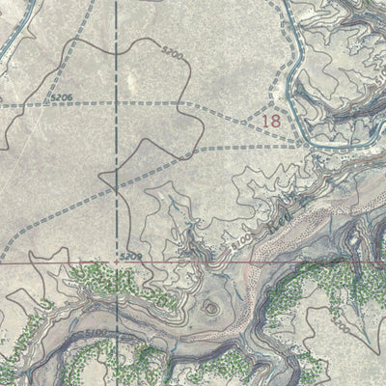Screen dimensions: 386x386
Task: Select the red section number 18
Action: [x=273, y=122]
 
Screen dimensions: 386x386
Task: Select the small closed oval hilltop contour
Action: [x=210, y=308]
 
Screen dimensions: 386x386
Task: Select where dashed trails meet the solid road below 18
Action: [x=307, y=143]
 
